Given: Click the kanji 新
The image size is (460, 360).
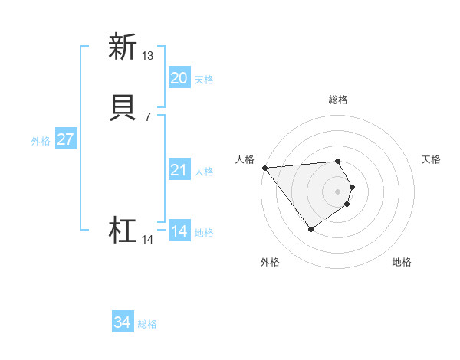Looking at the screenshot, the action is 122,47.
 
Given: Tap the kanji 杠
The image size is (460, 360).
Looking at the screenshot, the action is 122,231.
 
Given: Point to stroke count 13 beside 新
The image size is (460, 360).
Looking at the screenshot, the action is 147,56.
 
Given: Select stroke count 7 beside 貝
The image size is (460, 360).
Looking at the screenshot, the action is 147,117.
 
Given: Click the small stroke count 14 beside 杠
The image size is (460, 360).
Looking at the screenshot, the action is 147,240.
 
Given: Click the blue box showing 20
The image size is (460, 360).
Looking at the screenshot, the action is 179,78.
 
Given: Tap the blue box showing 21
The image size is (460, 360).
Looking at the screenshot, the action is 179,170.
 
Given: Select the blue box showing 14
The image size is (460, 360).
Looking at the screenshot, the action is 179,231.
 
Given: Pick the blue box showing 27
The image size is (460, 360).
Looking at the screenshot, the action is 65,139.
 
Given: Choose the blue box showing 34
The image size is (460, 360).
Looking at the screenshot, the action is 123,323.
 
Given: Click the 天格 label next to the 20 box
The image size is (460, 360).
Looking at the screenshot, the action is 204,80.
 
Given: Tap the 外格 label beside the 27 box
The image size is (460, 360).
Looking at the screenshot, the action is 41,141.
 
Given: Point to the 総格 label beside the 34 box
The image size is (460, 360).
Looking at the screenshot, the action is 147,325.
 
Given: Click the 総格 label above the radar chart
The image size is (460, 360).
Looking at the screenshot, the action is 338,100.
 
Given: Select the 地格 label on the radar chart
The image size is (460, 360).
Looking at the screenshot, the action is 402,262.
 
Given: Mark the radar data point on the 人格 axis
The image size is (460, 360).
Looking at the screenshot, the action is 264,167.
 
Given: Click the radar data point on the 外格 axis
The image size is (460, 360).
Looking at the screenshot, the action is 310,229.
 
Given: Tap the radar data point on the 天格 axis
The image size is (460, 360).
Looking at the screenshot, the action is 352,187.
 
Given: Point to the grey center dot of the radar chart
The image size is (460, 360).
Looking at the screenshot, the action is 338,191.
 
